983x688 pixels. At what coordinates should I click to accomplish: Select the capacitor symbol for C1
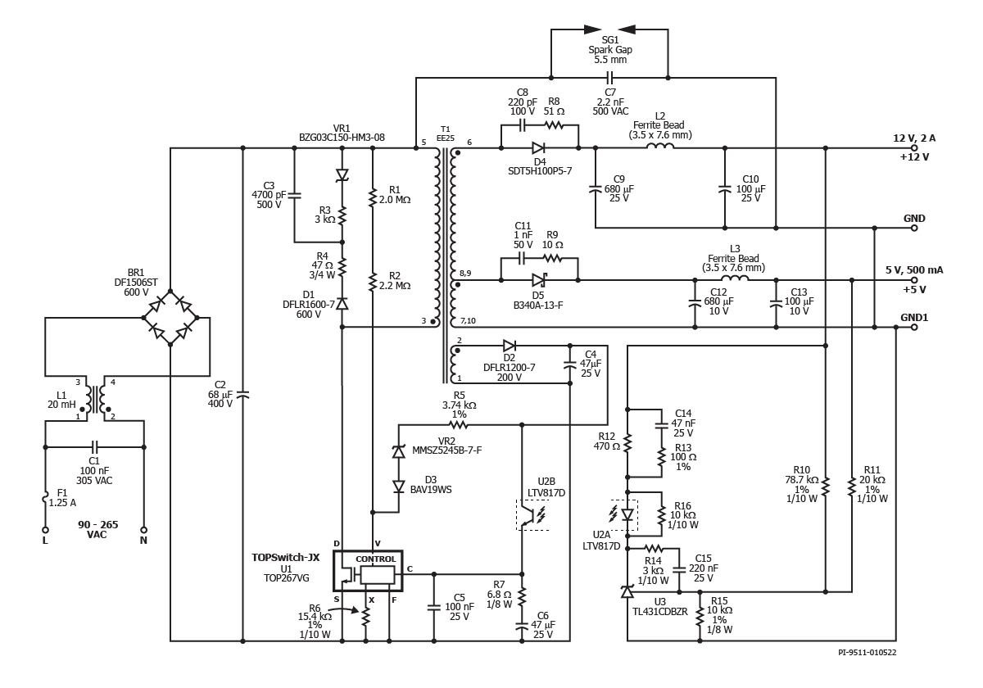(95, 447)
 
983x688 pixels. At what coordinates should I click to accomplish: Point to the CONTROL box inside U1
(377, 559)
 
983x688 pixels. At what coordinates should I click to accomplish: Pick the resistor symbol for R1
(373, 198)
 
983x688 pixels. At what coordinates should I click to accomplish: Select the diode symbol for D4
(538, 148)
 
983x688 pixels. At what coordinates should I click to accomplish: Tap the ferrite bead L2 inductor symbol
(659, 148)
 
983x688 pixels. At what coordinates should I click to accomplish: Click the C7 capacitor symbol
(609, 78)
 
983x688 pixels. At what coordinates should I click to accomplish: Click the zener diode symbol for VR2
(398, 451)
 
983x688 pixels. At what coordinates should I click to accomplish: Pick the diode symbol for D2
(510, 346)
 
